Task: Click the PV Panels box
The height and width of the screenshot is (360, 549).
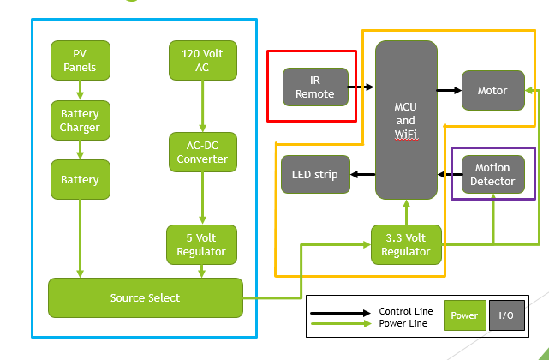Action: click(80, 60)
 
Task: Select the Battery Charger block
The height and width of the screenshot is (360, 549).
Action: click(80, 121)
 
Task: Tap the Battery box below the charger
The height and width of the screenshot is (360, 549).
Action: click(80, 180)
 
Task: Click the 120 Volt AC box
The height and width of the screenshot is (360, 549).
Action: click(202, 60)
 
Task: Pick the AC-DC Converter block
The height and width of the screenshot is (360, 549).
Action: click(202, 152)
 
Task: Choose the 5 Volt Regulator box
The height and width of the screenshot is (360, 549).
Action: click(202, 244)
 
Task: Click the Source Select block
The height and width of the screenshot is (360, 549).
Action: click(145, 297)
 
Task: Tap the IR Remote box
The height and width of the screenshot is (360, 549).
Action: click(315, 87)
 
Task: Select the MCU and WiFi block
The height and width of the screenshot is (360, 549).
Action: click(406, 120)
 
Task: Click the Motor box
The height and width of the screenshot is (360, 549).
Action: click(492, 90)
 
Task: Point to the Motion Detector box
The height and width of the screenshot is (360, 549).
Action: click(492, 175)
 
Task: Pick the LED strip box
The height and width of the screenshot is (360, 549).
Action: click(314, 175)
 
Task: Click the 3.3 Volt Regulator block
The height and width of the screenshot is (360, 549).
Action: click(406, 244)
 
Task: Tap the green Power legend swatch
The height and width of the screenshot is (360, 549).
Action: click(465, 315)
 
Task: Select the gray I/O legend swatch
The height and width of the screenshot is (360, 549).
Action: click(506, 315)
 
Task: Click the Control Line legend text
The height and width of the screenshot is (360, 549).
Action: click(405, 310)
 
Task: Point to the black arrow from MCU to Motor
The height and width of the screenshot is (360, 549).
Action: click(449, 89)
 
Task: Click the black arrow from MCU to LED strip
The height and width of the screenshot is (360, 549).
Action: click(362, 175)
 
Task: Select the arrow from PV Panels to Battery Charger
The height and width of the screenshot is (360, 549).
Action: click(80, 90)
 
